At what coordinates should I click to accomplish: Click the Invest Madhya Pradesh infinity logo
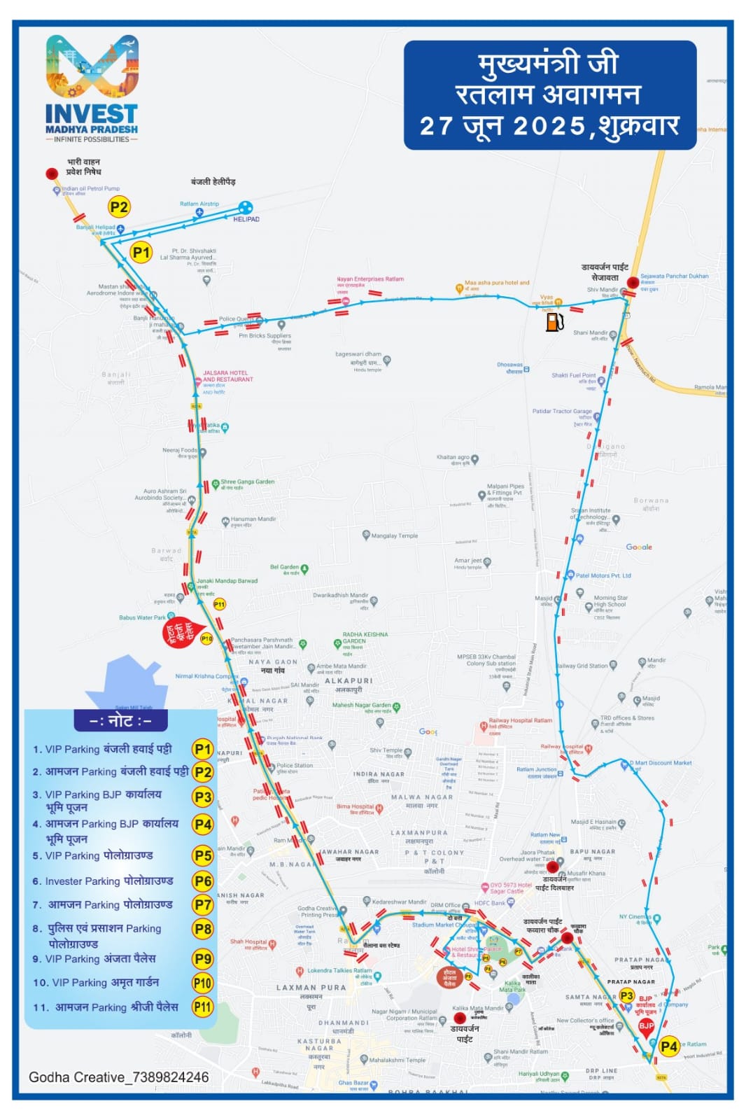tap(92, 66)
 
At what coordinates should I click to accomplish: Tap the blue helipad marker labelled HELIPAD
tap(245, 207)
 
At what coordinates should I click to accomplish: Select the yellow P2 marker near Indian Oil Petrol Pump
tap(119, 207)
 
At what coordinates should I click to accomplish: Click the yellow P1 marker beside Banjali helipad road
tap(141, 253)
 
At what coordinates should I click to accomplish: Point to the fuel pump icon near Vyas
tap(554, 322)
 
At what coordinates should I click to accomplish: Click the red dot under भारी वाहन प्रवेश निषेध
tap(52, 174)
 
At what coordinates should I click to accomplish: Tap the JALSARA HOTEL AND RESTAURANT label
tap(227, 377)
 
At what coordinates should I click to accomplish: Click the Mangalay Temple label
tap(394, 536)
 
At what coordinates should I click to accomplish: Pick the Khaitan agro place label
tap(453, 458)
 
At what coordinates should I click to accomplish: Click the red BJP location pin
tap(646, 1027)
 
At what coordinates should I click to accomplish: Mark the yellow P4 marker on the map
tap(669, 1046)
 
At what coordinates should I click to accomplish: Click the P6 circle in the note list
tap(203, 881)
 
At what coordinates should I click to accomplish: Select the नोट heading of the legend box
tap(120, 720)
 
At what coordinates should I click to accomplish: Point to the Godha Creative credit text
tap(118, 1077)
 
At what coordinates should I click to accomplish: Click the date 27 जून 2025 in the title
tap(502, 127)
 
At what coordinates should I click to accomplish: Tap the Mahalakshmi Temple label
tap(397, 1060)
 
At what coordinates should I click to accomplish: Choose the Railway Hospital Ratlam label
tap(520, 720)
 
